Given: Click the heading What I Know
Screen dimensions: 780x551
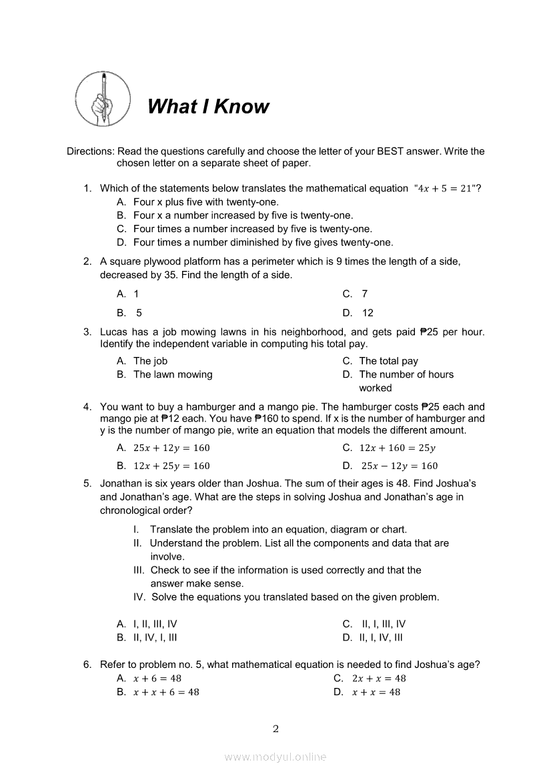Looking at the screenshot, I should [208, 107].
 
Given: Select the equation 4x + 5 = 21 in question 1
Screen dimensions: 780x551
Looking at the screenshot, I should [445, 189].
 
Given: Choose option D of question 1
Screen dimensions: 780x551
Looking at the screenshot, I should [263, 242].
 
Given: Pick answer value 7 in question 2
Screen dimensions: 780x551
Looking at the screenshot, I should [364, 294].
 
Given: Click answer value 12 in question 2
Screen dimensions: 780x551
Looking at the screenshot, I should [368, 313].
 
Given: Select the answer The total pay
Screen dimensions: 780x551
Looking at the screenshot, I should [388, 361].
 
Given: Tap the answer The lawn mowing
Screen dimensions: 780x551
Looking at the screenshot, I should [173, 374].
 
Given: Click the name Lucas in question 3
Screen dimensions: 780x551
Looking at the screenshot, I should [114, 332].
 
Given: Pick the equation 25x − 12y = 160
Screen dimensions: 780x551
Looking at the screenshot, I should [400, 466].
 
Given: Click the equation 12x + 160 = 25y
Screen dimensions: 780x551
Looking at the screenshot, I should [397, 448].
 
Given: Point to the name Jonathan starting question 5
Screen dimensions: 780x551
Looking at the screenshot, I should [122, 483].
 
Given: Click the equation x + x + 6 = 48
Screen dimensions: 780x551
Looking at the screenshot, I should [166, 692].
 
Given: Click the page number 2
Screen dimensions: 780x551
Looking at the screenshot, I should [275, 729].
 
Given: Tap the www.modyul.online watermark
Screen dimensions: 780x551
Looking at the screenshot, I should [275, 757].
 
